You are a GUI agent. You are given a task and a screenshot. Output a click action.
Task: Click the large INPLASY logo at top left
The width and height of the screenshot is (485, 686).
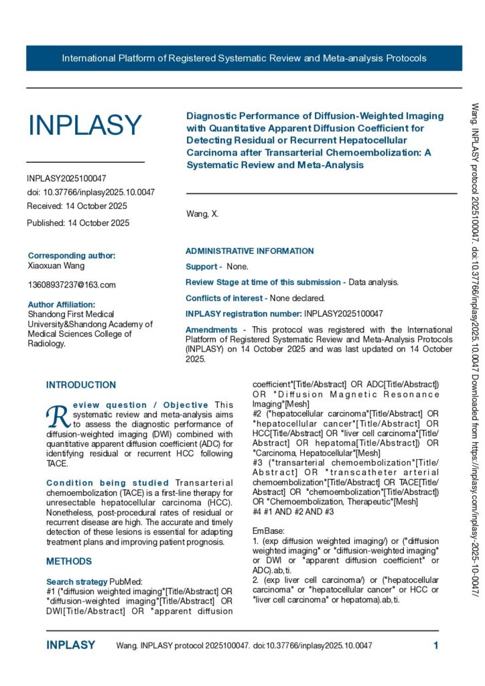coord(84,125)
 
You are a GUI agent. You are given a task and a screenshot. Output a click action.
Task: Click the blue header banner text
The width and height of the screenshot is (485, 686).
coord(244,58)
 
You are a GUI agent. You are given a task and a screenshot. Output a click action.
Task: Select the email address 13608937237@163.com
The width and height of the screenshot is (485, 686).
coord(71,285)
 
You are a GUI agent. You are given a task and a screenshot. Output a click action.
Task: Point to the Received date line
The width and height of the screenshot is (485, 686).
coord(76,206)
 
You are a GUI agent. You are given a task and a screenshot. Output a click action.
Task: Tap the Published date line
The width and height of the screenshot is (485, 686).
coord(78,223)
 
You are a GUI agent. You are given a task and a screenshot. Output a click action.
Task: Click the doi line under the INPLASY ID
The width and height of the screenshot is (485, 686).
coord(90,192)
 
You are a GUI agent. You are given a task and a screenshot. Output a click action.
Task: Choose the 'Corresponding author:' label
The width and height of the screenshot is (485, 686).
coord(71,255)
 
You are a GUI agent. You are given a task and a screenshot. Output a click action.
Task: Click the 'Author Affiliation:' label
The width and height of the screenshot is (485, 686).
coord(62,304)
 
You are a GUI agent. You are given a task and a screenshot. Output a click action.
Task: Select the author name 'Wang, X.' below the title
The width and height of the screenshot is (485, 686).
coord(202,214)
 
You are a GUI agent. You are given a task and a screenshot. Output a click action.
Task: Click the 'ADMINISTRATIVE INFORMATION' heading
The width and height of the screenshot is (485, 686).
coord(249,251)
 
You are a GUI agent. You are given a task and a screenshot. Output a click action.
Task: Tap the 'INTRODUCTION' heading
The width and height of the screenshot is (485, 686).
coord(81,385)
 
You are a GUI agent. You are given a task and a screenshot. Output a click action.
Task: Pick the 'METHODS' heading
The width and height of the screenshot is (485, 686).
coord(69,561)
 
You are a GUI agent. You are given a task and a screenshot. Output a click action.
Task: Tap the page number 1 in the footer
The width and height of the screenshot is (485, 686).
coord(435,646)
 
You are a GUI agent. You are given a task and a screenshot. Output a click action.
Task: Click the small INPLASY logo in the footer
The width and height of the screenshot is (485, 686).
coord(70,645)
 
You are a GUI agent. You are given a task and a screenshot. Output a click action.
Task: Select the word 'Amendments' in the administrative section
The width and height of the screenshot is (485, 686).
coord(211,330)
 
